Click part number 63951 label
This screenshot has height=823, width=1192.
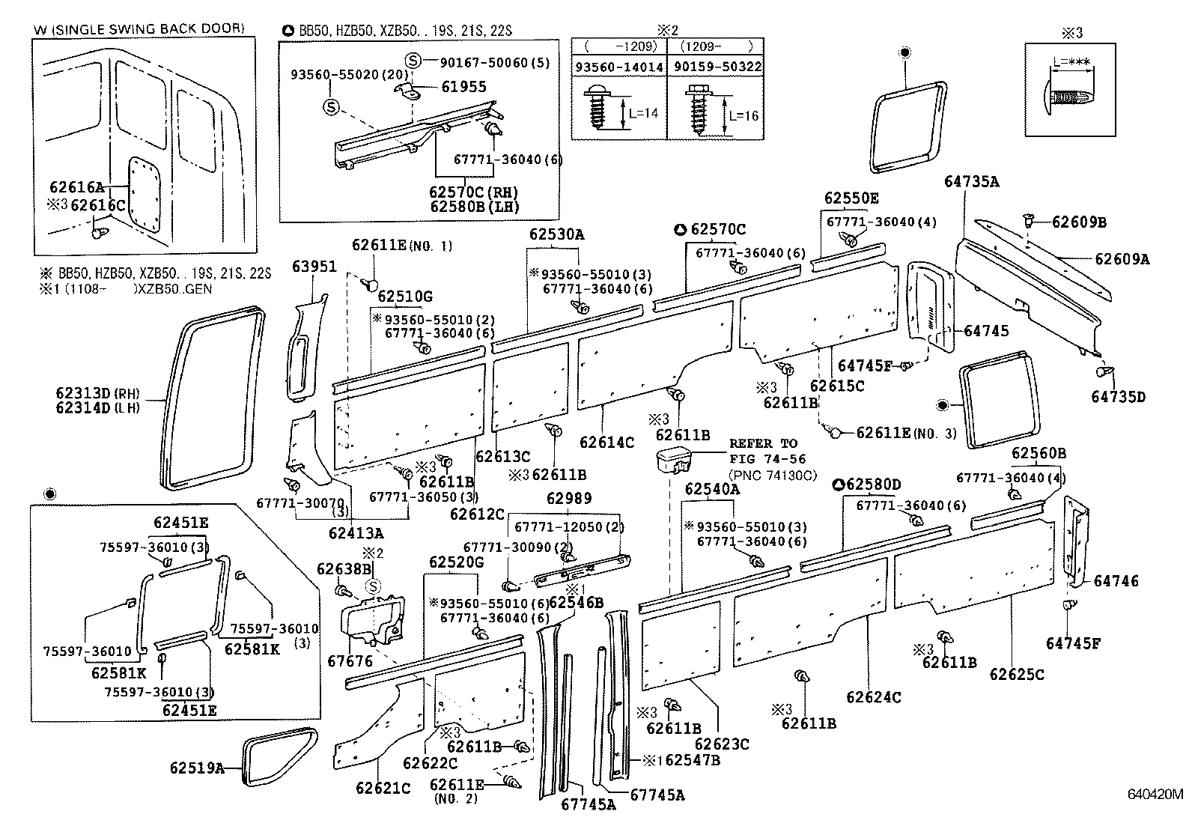pos(314,267)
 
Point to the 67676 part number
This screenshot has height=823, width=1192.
pos(350,661)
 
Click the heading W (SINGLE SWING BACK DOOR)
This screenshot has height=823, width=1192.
pos(139,28)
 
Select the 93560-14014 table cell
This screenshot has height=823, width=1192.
pos(618,67)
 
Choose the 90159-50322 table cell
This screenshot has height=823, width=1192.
pos(716,67)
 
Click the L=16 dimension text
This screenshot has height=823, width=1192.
pos(743,116)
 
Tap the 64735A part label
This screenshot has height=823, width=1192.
pos(972,181)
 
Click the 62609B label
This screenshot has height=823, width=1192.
pos(1080,222)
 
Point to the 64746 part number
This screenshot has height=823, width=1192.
pos(1116,581)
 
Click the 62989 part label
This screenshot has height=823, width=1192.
pos(568,498)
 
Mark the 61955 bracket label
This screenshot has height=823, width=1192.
pos(463,87)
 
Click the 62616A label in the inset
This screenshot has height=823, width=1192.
pos(77,189)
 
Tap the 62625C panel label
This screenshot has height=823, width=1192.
pos(1016,674)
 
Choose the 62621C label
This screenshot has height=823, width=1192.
pos(383,788)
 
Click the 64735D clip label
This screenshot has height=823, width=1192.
pos(1118,396)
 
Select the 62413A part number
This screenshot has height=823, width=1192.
pos(356,533)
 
